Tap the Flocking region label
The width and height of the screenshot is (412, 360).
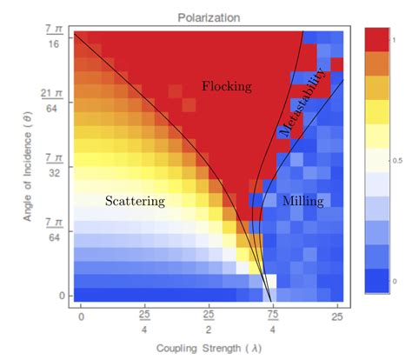(x=226, y=86)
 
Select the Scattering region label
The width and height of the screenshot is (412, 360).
(x=135, y=201)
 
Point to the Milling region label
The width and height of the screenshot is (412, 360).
(x=302, y=201)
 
